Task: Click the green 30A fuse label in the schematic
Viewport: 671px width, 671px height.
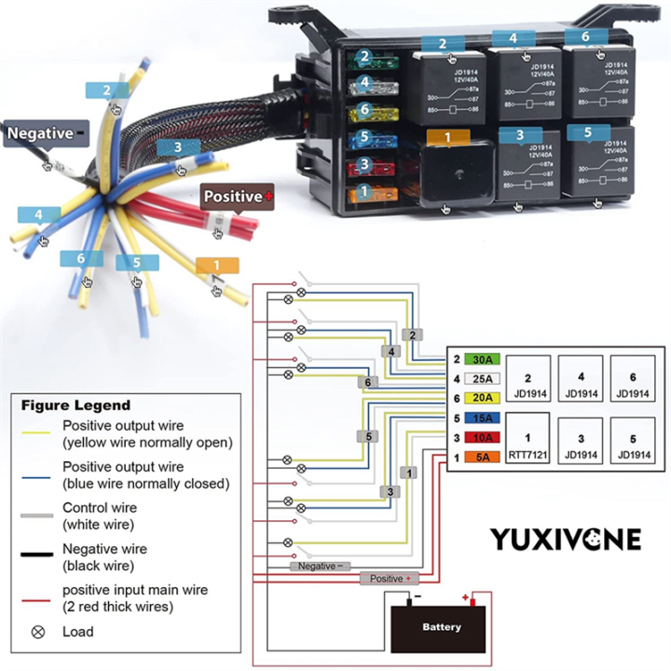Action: pos(483,359)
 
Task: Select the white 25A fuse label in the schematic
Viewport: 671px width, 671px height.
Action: pos(483,378)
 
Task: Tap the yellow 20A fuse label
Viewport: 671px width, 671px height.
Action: pos(483,397)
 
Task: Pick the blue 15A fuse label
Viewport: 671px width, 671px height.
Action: pos(483,418)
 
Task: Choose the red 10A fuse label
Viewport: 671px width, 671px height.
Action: pos(483,437)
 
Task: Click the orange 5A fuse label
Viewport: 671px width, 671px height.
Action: pos(483,457)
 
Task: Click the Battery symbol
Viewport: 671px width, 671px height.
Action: pos(441,626)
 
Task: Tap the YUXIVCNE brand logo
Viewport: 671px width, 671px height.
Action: pos(566,539)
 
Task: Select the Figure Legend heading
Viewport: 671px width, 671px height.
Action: pos(76,405)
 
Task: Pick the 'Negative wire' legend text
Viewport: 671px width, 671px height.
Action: pos(104,549)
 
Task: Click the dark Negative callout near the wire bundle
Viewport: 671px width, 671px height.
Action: pos(46,133)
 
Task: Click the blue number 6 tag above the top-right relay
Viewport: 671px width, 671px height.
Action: pos(585,37)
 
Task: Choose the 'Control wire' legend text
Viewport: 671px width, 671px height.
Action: pos(99,508)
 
